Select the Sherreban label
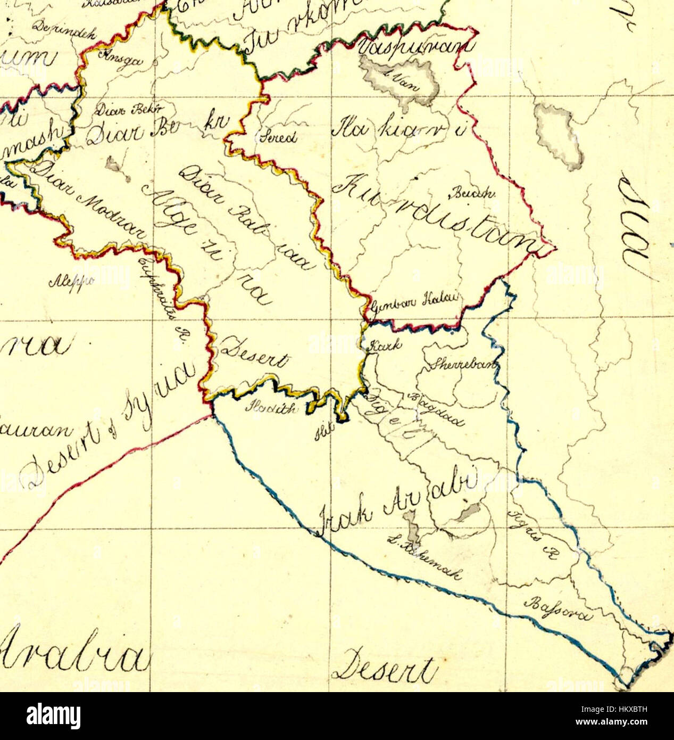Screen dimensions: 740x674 coord(464,364)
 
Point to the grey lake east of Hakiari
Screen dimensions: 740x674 coord(558,133)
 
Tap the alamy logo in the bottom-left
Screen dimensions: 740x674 coord(54,716)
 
